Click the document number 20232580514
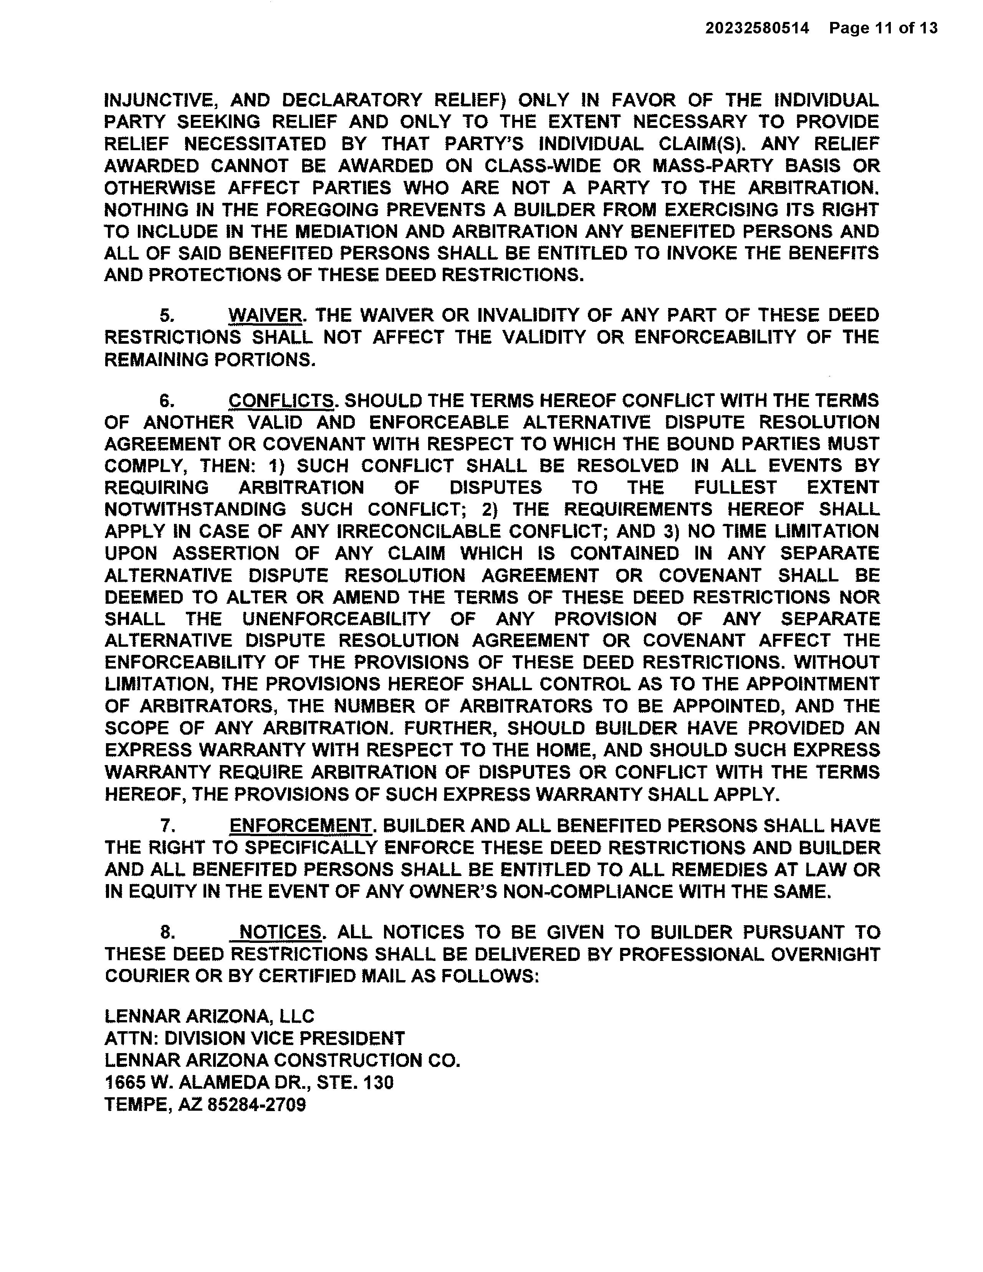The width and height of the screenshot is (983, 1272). click(x=757, y=28)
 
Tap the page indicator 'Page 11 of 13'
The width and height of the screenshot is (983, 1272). click(x=884, y=28)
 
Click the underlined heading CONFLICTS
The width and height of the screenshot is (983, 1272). click(x=281, y=401)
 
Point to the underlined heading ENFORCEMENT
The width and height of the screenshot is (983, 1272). click(x=300, y=826)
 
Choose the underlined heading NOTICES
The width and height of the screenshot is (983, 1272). click(x=280, y=932)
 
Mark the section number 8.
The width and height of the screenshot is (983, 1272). click(x=167, y=933)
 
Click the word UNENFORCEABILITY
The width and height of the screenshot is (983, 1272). click(x=336, y=619)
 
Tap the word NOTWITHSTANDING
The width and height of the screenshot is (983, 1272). click(x=195, y=510)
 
